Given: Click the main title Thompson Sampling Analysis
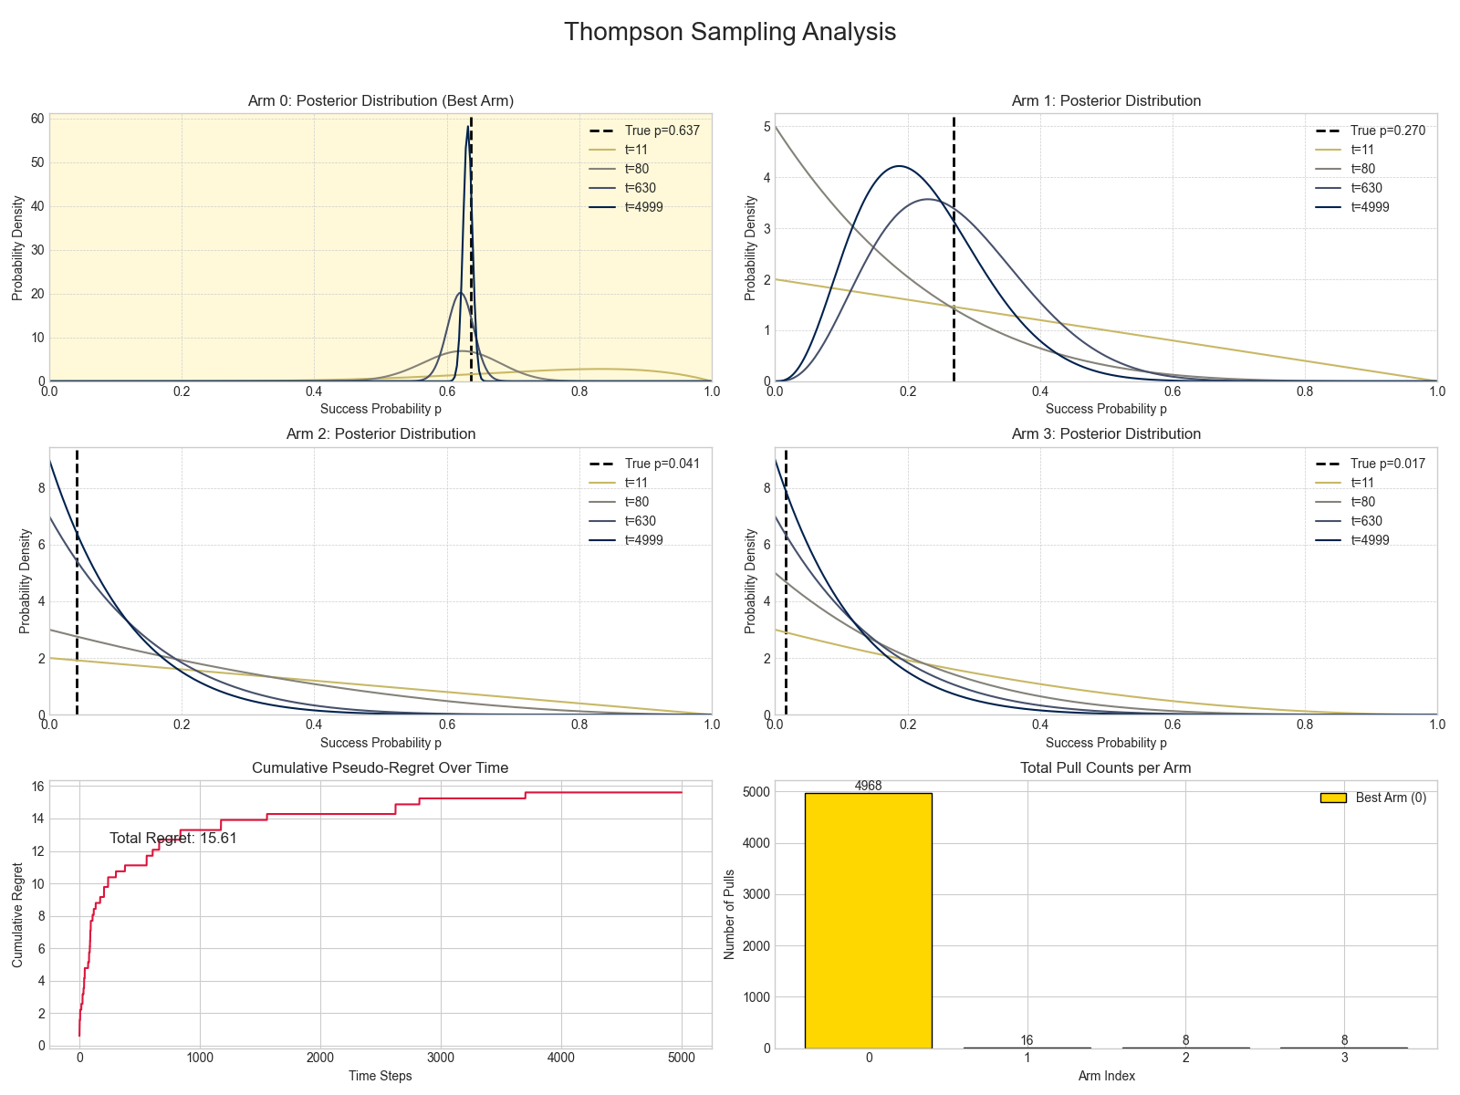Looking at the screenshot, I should tap(730, 32).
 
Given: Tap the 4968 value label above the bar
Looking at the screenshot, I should tap(868, 786).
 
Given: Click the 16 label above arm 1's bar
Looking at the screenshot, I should tap(1027, 1040).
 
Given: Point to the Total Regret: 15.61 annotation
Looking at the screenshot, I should tap(173, 838).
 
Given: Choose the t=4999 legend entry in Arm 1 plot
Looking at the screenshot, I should tap(1370, 207).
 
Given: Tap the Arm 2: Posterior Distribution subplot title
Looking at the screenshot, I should tap(381, 434).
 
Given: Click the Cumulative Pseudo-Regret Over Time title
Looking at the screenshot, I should tap(381, 768).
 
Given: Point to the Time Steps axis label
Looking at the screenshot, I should tap(381, 1076).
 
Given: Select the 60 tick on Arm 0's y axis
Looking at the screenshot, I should tap(38, 119).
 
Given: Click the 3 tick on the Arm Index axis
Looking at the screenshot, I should tap(1344, 1058).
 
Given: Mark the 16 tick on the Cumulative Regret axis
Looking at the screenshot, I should tap(38, 787).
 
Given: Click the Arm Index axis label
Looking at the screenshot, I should tap(1106, 1076).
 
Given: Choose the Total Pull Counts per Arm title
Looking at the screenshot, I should tap(1106, 768).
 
